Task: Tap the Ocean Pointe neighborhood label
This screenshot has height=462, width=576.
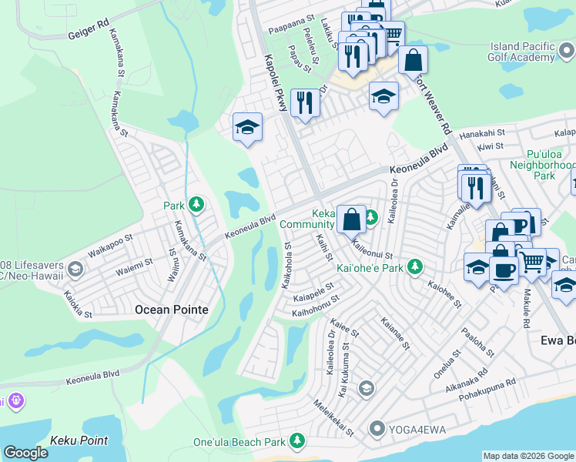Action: [x=171, y=310]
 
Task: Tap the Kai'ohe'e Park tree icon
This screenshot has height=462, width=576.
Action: [x=416, y=266]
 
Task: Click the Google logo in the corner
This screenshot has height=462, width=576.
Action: [x=25, y=453]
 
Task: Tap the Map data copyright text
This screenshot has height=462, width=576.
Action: [x=528, y=456]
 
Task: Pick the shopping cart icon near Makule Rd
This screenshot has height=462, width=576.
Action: [x=531, y=262]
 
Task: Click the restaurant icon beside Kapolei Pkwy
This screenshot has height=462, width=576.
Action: [x=306, y=102]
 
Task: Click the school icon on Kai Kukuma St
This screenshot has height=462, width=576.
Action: [x=366, y=387]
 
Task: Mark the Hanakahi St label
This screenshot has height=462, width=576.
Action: [x=482, y=134]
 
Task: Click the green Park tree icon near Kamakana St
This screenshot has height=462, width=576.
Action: [x=197, y=204]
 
